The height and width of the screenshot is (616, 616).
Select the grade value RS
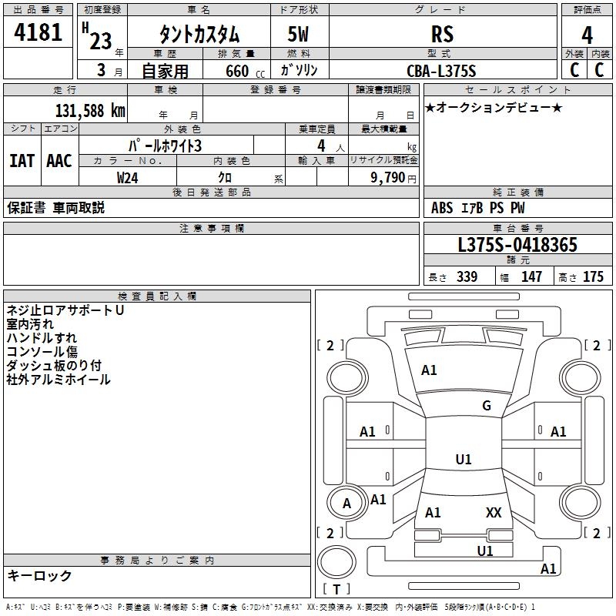pyautogui.click(x=442, y=34)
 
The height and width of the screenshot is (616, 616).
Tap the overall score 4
pyautogui.click(x=587, y=35)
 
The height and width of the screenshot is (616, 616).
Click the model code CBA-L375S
pyautogui.click(x=442, y=71)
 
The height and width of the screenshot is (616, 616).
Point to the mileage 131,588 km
pyautogui.click(x=90, y=110)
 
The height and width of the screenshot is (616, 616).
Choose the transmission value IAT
pyautogui.click(x=22, y=161)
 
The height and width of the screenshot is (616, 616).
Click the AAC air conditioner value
pyautogui.click(x=59, y=161)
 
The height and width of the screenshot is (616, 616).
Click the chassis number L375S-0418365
pyautogui.click(x=517, y=246)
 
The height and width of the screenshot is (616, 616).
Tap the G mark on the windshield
pyautogui.click(x=487, y=405)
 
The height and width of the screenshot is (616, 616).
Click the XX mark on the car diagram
pyautogui.click(x=494, y=512)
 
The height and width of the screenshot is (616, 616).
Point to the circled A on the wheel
pyautogui.click(x=346, y=504)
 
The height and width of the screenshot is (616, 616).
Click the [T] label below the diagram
pyautogui.click(x=336, y=590)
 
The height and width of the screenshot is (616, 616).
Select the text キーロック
pyautogui.click(x=40, y=575)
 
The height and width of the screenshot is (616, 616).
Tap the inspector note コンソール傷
pyautogui.click(x=42, y=352)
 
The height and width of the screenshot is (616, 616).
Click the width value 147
pyautogui.click(x=531, y=277)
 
